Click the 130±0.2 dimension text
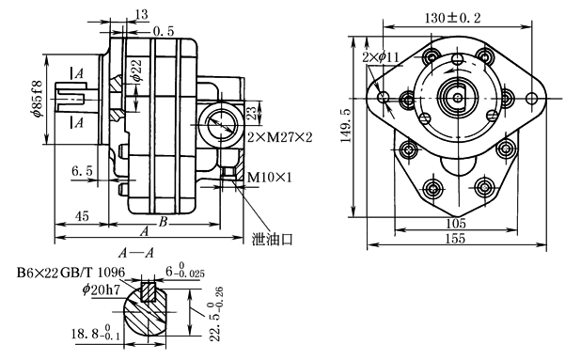pyautogui.click(x=452, y=18)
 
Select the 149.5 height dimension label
pyautogui.click(x=347, y=126)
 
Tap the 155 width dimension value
pyautogui.click(x=455, y=239)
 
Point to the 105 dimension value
pyautogui.click(x=455, y=224)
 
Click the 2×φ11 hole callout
pyautogui.click(x=381, y=57)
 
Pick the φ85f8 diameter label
pyautogui.click(x=38, y=99)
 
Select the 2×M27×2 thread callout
pyautogui.click(x=280, y=138)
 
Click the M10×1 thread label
pyautogui.click(x=270, y=178)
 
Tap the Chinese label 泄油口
pyautogui.click(x=273, y=240)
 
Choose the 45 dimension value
pyautogui.click(x=82, y=216)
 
